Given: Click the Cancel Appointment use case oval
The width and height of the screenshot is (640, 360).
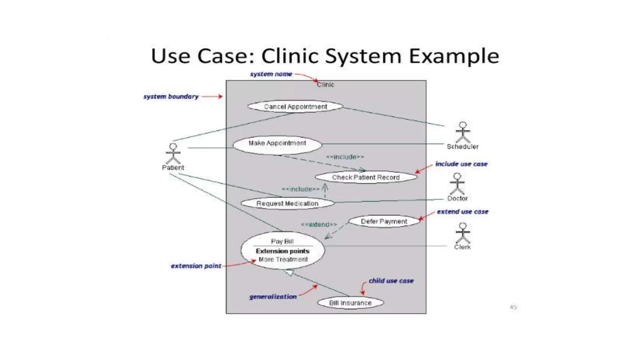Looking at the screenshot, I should click(x=295, y=107).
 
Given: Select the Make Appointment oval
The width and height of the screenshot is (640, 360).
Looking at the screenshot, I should click(x=277, y=144).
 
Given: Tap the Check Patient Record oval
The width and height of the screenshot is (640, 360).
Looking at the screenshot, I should click(x=366, y=177).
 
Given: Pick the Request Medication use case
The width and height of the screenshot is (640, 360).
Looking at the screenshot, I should click(x=287, y=203).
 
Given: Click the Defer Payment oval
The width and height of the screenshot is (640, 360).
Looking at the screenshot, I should click(x=384, y=221).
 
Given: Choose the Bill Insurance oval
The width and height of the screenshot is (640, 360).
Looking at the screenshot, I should click(x=350, y=303).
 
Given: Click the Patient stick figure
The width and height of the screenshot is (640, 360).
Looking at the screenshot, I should click(x=173, y=153).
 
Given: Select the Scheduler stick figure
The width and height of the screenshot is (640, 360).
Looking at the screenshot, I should click(x=462, y=132).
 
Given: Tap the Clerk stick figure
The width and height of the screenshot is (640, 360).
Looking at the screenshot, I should click(x=462, y=233).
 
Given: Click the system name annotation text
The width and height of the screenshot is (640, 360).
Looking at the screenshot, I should click(x=271, y=74).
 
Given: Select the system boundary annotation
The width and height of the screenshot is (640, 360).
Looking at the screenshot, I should click(x=171, y=97).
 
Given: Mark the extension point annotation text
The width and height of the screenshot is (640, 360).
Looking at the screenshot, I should click(x=196, y=266).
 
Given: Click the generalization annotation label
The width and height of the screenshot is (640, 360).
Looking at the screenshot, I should click(x=273, y=297).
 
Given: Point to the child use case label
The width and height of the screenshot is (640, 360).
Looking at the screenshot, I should click(x=391, y=281).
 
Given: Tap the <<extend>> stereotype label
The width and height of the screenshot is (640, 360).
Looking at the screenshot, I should click(x=319, y=224).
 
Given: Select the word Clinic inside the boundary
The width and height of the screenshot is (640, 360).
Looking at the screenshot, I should click(x=325, y=85).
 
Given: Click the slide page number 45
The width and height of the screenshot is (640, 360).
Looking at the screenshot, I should click(x=513, y=307).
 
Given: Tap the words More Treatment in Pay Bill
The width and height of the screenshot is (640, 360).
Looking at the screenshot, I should click(x=283, y=259).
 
